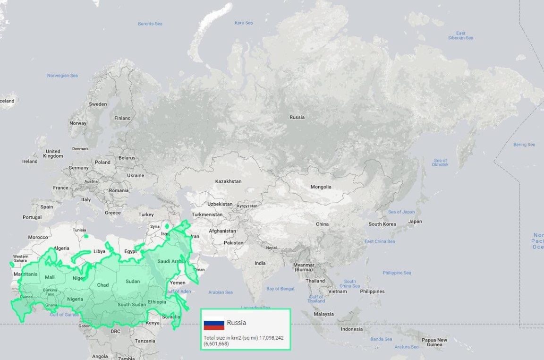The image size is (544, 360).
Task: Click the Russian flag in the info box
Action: click(x=214, y=324)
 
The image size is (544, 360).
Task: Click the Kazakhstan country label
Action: click(x=228, y=181)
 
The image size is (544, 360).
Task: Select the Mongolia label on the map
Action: click(x=321, y=187)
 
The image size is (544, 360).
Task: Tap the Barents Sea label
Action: click(x=150, y=24)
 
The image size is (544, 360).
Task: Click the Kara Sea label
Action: click(x=244, y=23)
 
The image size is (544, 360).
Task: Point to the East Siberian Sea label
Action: click(x=460, y=35)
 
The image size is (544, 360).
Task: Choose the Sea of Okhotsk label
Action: click(x=440, y=163)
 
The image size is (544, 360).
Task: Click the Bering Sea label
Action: click(x=524, y=145)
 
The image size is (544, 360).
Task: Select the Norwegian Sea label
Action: click(x=62, y=76)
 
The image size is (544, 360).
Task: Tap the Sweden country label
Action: click(x=98, y=104)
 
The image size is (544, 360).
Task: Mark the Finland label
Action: click(x=122, y=118)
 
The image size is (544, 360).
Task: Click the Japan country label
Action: click(x=415, y=222)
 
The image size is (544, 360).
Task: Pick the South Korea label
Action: click(x=382, y=224)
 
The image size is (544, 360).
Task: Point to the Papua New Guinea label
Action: click(x=434, y=342)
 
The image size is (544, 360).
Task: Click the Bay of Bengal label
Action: click(x=280, y=289)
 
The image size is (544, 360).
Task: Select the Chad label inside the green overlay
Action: click(x=103, y=285)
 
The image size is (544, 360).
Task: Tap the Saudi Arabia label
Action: click(x=171, y=261)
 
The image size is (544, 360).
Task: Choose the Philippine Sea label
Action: click(x=397, y=273)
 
